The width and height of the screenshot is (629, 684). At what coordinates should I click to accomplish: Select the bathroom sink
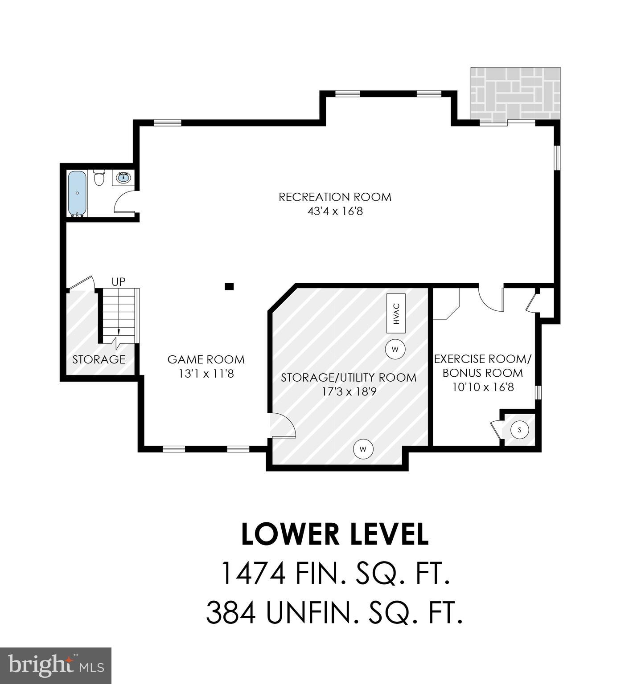pyautogui.click(x=123, y=178)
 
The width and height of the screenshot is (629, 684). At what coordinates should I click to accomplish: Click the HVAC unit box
pyautogui.click(x=396, y=313)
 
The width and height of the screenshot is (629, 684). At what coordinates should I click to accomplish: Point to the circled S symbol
pyautogui.click(x=519, y=430)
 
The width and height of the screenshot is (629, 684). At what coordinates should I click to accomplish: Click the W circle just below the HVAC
pyautogui.click(x=395, y=349)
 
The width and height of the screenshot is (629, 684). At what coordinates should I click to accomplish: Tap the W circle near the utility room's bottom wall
pyautogui.click(x=363, y=449)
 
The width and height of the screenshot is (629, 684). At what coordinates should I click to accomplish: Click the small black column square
pyautogui.click(x=229, y=286)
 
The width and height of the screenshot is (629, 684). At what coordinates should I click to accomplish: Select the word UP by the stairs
pyautogui.click(x=118, y=281)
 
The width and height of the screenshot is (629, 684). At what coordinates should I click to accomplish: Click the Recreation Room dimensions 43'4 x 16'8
pyautogui.click(x=335, y=211)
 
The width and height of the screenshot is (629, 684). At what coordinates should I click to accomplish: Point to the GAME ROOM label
pyautogui.click(x=206, y=359)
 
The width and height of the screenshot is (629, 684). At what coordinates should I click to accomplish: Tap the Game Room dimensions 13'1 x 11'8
pyautogui.click(x=206, y=374)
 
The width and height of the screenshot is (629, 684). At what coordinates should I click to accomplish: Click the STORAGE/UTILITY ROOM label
pyautogui.click(x=349, y=378)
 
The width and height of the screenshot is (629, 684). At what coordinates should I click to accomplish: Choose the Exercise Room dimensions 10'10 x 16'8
pyautogui.click(x=483, y=387)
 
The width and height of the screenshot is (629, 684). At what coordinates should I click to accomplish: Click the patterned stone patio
pyautogui.click(x=515, y=94)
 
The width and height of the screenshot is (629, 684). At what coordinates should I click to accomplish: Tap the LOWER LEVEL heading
pyautogui.click(x=335, y=534)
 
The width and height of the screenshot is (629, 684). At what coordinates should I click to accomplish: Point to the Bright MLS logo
pyautogui.click(x=55, y=665)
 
